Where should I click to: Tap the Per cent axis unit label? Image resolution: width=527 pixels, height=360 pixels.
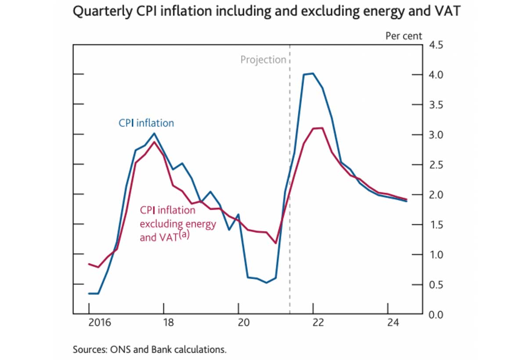403,36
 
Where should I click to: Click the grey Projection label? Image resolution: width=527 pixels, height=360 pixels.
263,60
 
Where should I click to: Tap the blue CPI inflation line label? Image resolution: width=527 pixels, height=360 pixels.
146,123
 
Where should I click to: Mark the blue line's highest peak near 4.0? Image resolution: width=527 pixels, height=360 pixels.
312,73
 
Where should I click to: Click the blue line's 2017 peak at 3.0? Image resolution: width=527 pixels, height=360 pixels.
154,133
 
